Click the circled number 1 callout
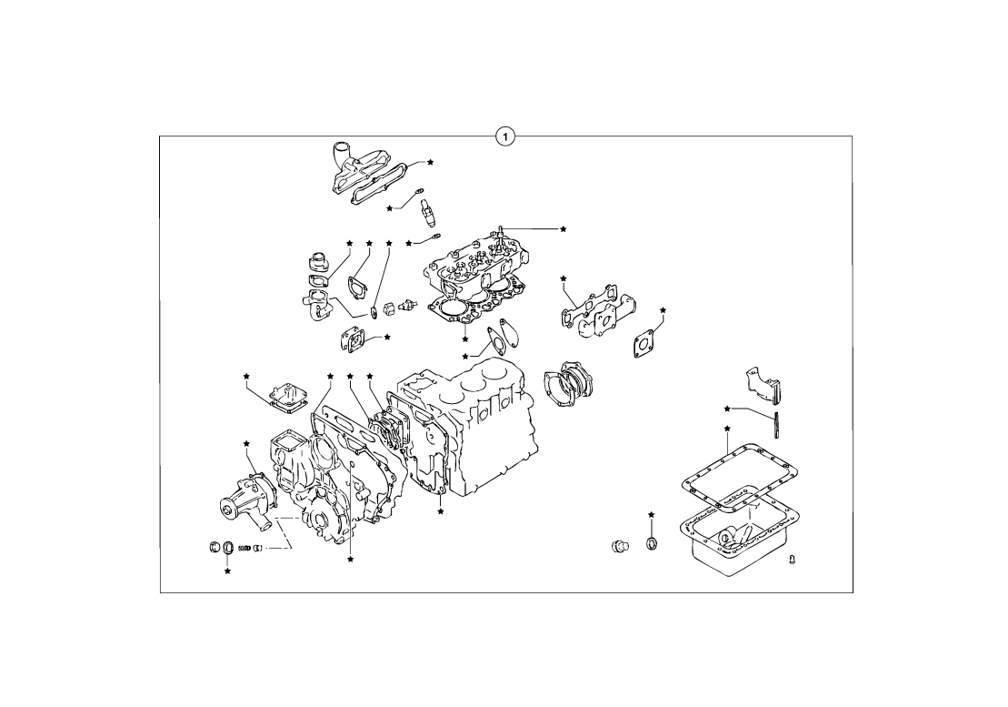(x=505, y=136)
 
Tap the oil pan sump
(x=739, y=531)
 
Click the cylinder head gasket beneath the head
(x=474, y=307)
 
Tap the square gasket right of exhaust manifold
(x=644, y=341)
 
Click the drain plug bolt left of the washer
(x=619, y=546)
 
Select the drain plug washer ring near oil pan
(x=652, y=543)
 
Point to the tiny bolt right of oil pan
(x=792, y=559)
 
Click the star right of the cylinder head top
(x=564, y=229)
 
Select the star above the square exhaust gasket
(x=663, y=310)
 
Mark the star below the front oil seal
(x=227, y=571)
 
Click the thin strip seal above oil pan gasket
(x=776, y=425)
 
